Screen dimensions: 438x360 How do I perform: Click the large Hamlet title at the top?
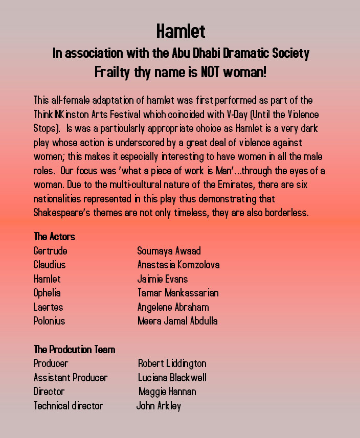[x=181, y=32]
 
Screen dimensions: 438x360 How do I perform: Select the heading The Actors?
[x=54, y=237]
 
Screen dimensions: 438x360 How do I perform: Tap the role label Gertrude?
[x=50, y=251]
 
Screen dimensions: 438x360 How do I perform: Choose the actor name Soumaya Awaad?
[x=169, y=251]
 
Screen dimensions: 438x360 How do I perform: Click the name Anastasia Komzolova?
[x=178, y=265]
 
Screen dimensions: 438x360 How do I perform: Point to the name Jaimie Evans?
[x=163, y=279]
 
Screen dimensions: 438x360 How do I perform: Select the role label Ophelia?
[x=47, y=293]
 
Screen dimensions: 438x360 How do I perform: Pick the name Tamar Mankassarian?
[x=178, y=293]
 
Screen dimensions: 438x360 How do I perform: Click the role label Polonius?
[x=49, y=321]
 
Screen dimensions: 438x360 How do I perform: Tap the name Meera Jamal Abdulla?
[x=177, y=321]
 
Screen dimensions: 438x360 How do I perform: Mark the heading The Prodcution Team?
[x=74, y=350]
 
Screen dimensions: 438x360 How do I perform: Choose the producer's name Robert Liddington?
[x=172, y=364]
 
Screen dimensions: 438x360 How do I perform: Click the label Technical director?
[x=68, y=406]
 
